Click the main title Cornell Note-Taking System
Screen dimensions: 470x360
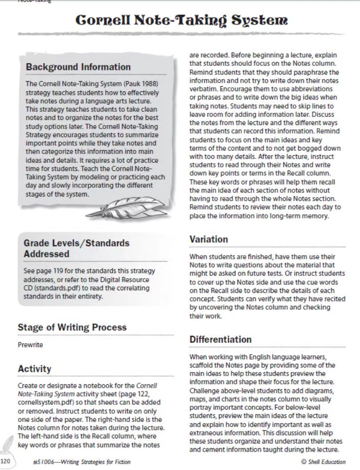181,20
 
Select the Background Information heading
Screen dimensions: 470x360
78,67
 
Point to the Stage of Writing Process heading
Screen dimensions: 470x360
72,327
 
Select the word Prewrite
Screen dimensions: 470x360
30,345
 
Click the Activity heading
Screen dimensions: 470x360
34,368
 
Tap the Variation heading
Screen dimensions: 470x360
208,239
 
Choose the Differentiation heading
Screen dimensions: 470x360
220,339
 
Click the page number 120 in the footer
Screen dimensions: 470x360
6,462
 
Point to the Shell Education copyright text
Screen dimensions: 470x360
323,462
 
